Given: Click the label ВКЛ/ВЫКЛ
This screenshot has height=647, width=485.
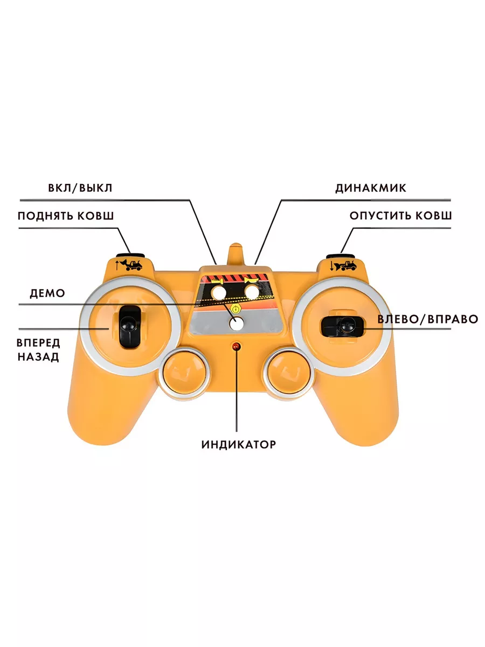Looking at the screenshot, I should tap(80, 188).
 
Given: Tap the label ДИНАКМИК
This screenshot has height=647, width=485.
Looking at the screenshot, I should tap(371, 188).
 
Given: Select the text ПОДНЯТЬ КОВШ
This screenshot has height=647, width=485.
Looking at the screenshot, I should tap(66, 216).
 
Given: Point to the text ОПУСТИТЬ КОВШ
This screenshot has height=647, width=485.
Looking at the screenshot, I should tap(400, 216).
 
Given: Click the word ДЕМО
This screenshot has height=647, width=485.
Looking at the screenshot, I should tap(47, 293).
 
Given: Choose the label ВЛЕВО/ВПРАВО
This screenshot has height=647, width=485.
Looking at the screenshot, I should tap(427, 319).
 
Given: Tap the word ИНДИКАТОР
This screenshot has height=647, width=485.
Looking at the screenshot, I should tap(239, 445).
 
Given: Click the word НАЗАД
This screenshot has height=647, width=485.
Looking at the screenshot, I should tap(38, 357).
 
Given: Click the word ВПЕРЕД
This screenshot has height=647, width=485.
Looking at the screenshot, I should tap(38, 343).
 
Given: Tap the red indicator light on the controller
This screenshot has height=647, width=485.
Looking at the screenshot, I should tap(235, 346).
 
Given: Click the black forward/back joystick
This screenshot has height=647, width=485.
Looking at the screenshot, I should tap(128, 326).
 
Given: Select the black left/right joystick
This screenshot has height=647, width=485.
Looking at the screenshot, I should tap(343, 325).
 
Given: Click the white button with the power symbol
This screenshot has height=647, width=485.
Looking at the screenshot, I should tap(235, 322).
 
